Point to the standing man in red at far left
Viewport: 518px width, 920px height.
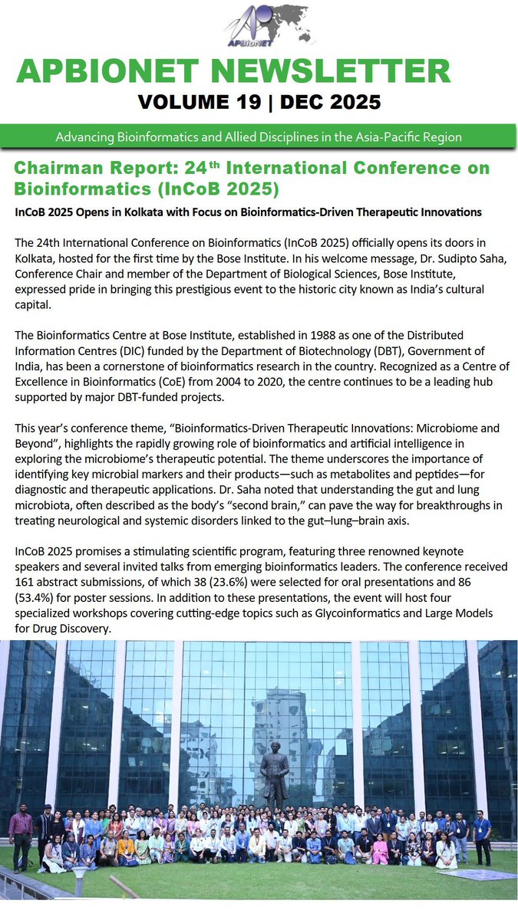21,832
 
